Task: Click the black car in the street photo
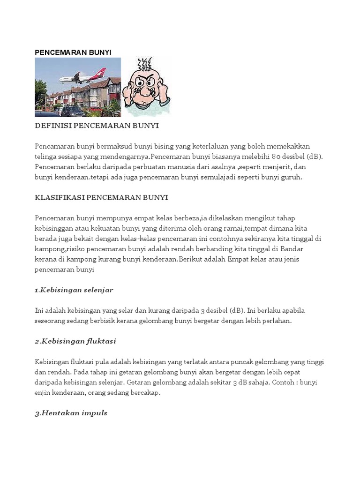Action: (x=72, y=112)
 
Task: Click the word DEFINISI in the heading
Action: (x=52, y=126)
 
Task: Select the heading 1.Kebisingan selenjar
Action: (x=74, y=290)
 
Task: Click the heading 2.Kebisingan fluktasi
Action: (x=75, y=341)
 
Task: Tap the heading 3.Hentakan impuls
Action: (x=71, y=413)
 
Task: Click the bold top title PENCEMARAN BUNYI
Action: (x=73, y=52)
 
